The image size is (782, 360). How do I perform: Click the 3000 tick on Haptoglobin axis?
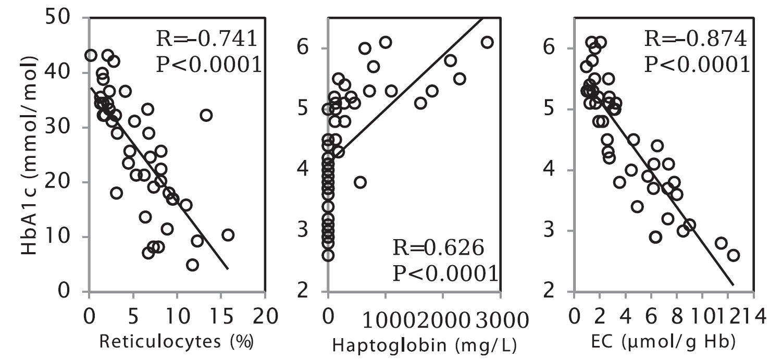click(493, 317)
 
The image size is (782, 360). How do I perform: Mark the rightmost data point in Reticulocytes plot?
click(228, 235)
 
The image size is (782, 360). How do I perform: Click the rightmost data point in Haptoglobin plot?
click(487, 42)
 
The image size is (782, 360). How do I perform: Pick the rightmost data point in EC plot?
click(733, 255)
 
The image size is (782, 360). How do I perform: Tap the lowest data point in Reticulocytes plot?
click(192, 265)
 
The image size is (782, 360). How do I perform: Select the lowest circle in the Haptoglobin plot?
click(328, 255)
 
